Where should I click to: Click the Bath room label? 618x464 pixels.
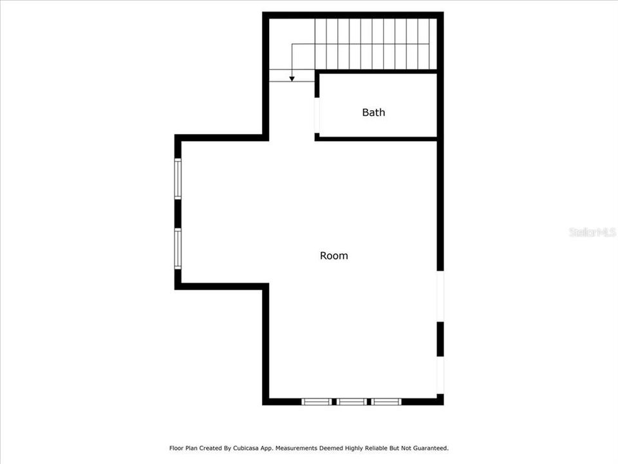tap(373, 112)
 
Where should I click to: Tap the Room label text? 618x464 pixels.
tap(334, 256)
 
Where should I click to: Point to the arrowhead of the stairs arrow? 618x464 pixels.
tap(292, 79)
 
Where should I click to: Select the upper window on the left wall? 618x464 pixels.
tap(178, 179)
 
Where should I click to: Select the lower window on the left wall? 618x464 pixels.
tap(178, 249)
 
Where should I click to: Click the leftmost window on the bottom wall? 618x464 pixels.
tap(317, 401)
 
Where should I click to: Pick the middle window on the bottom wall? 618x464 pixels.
tap(351, 401)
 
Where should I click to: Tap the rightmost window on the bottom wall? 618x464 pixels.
tap(386, 401)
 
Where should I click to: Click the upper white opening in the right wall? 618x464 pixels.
tap(440, 296)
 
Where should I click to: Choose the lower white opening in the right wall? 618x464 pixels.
tap(440, 375)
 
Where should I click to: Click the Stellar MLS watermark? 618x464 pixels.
tap(592, 232)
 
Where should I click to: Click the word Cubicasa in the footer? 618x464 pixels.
tap(247, 448)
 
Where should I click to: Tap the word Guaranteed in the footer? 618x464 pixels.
tap(428, 448)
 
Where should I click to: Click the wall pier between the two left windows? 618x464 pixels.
tap(178, 214)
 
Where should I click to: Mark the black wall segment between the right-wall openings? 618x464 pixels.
tap(440, 339)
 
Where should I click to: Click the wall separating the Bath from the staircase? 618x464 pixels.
tap(377, 71)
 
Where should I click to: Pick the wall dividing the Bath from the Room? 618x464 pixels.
tap(377, 138)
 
